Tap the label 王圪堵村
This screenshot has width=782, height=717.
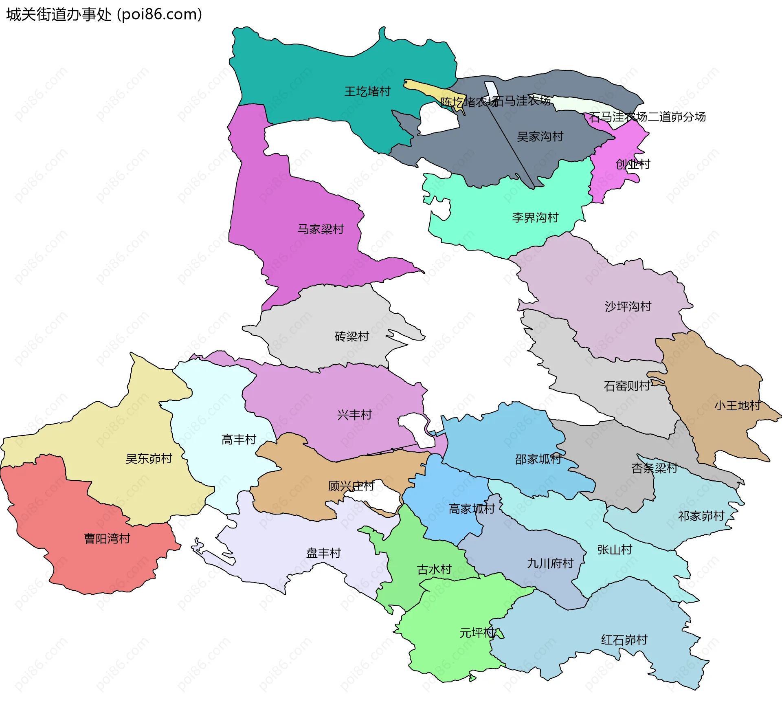[x=367, y=91]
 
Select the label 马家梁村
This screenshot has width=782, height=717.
[x=321, y=229]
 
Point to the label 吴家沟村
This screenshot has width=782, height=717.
[x=540, y=136]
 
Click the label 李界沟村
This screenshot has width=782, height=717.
[x=535, y=218]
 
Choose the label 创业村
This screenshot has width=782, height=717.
[x=633, y=164]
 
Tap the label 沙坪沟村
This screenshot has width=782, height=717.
[x=628, y=306]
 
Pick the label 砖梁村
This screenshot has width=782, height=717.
[x=351, y=336]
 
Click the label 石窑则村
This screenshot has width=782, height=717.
[x=627, y=386]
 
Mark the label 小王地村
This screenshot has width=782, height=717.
[x=737, y=406]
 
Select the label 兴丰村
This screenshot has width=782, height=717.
[x=354, y=415]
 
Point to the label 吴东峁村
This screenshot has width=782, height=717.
[x=149, y=459]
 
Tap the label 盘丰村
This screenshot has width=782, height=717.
[x=323, y=553]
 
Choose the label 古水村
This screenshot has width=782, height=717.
[x=434, y=569]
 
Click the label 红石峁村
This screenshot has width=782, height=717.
[x=624, y=640]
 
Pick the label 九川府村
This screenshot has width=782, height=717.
[x=550, y=563]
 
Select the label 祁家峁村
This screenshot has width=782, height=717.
[x=701, y=516]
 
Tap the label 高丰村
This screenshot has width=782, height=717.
[x=239, y=439]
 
